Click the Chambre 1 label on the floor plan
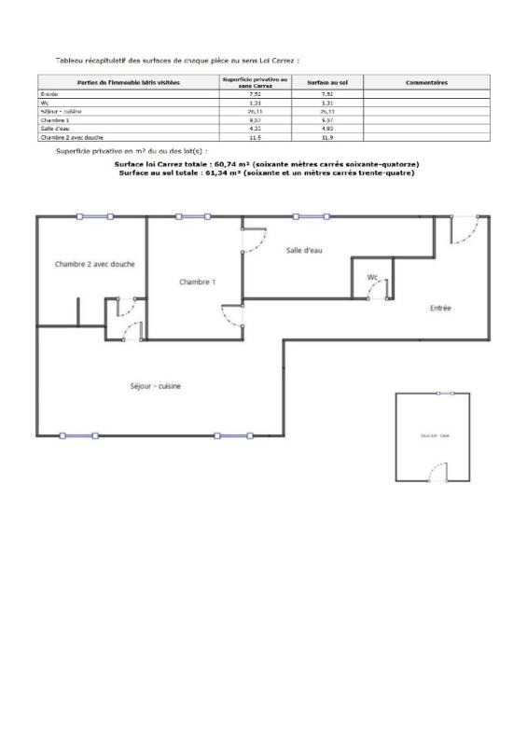pos(198,282)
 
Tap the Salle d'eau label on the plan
pos(304,251)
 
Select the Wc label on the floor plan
pos(372,277)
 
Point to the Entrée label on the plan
pos(440,308)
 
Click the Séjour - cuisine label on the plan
pos(155,386)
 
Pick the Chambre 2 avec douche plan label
pos(91,264)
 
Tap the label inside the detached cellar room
pos(433,436)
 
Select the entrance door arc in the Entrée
pos(465,229)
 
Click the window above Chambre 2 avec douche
pos(94,216)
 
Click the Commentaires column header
pos(427,83)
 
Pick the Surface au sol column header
pos(327,83)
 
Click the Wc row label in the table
pos(44,103)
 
